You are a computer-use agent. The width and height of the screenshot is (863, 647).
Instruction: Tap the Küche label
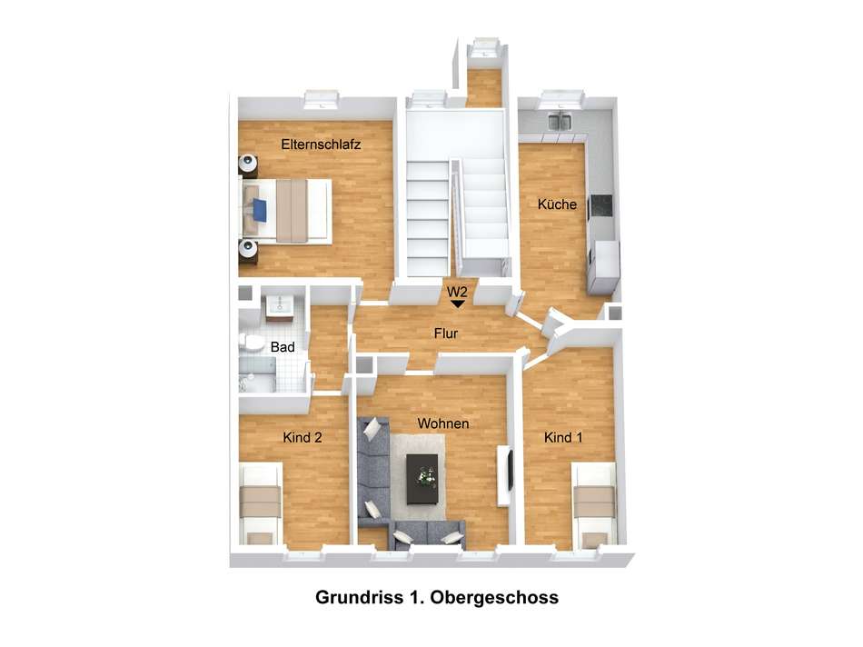(557, 204)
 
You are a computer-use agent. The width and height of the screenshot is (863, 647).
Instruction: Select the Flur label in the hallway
(444, 334)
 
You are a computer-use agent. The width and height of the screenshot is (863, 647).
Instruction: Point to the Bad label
(281, 346)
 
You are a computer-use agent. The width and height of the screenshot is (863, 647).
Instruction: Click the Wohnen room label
(443, 423)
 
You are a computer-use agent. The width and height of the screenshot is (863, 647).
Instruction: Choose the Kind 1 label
(563, 437)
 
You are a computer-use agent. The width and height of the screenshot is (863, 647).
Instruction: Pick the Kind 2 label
(303, 437)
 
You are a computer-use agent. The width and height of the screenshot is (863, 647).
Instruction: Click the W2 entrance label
(457, 292)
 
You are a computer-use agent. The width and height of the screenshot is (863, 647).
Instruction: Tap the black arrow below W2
(457, 305)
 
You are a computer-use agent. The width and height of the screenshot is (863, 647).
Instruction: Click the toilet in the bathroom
(249, 343)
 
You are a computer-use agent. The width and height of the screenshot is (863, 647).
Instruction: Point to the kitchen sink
(560, 121)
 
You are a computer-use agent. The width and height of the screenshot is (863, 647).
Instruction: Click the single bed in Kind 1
(596, 504)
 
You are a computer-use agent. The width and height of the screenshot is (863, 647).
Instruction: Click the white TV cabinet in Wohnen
(505, 475)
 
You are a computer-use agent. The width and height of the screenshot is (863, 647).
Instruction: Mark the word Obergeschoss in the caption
(495, 598)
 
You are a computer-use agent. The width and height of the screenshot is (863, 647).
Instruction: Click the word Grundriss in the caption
(356, 598)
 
